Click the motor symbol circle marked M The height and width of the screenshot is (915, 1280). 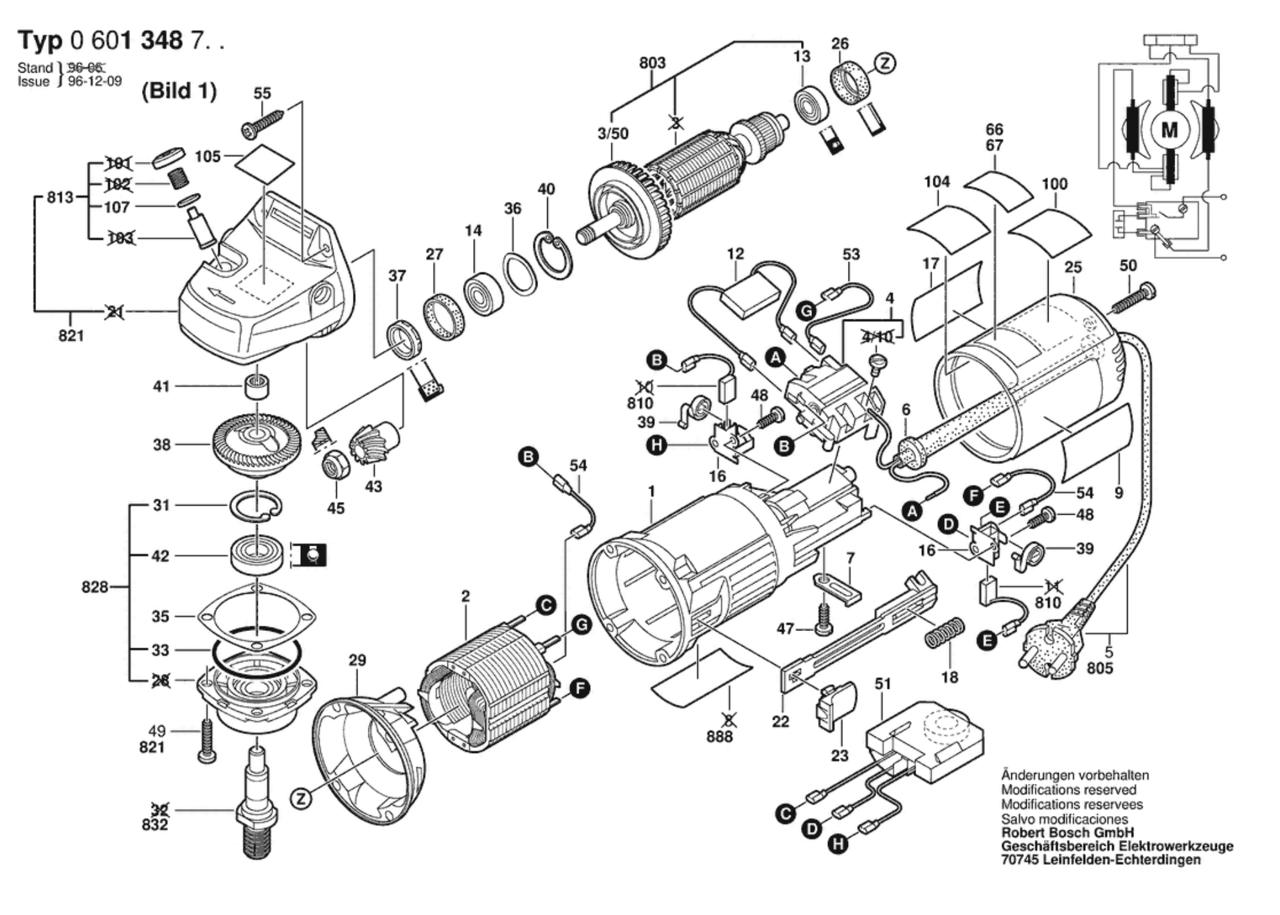tap(1169, 130)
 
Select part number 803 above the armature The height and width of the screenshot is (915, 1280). tap(652, 63)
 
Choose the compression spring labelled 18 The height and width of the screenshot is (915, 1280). tap(944, 633)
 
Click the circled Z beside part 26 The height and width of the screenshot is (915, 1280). tap(885, 63)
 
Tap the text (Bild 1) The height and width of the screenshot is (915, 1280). tap(179, 91)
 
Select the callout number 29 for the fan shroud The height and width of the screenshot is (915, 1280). tap(357, 660)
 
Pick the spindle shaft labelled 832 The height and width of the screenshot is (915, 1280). tap(257, 803)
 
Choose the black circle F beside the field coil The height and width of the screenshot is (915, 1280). tap(579, 689)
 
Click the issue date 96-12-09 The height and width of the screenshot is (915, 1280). tap(95, 82)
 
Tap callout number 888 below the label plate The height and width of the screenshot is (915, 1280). tap(719, 736)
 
